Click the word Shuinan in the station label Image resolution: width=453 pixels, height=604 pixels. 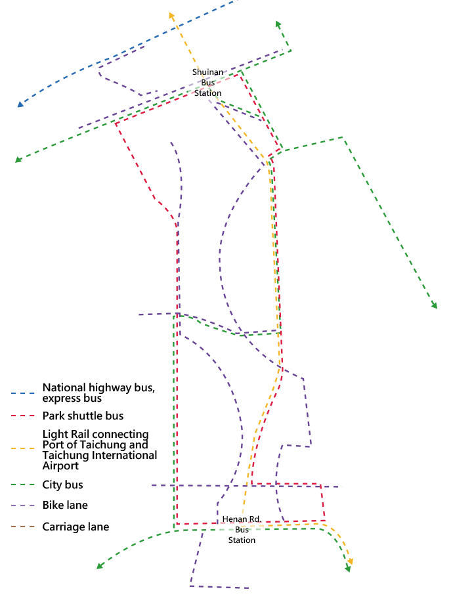pyautogui.click(x=208, y=72)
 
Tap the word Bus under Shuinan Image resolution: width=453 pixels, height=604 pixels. pyautogui.click(x=208, y=82)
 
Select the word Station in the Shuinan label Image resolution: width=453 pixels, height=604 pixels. pyautogui.click(x=208, y=93)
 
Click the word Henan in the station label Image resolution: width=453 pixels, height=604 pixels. pyautogui.click(x=234, y=519)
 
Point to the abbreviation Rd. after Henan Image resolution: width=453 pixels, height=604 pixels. pyautogui.click(x=255, y=519)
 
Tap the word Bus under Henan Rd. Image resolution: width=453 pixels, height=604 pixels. pyautogui.click(x=242, y=530)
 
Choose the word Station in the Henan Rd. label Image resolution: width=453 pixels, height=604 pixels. pyautogui.click(x=242, y=540)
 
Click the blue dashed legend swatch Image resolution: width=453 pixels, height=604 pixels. pyautogui.click(x=25, y=393)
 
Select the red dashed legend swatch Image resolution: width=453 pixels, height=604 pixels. pyautogui.click(x=25, y=416)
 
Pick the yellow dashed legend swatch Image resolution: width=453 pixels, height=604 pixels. pyautogui.click(x=25, y=448)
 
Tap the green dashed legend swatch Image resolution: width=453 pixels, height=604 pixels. pyautogui.click(x=25, y=485)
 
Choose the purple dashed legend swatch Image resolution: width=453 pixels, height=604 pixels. pyautogui.click(x=25, y=506)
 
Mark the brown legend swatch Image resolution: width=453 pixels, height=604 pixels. pyautogui.click(x=25, y=527)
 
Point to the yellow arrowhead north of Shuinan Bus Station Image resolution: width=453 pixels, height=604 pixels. pyautogui.click(x=172, y=15)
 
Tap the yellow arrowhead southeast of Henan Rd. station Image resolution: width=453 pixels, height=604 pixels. pyautogui.click(x=351, y=561)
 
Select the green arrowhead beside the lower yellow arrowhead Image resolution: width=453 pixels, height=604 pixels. pyautogui.click(x=348, y=569)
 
